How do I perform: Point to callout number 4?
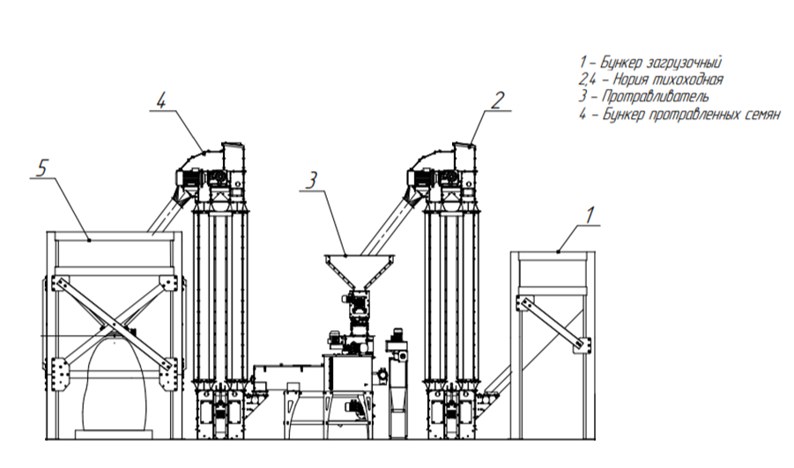[161, 100]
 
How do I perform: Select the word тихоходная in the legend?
[685, 79]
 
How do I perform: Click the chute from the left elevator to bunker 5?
[163, 215]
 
